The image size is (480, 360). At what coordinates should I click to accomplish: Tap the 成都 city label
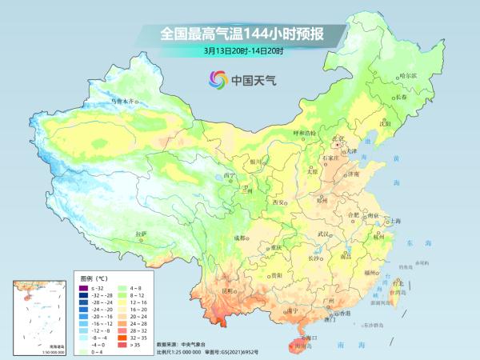click(239, 238)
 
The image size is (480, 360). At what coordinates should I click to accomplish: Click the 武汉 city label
click(324, 233)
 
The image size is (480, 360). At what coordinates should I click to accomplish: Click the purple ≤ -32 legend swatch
click(82, 287)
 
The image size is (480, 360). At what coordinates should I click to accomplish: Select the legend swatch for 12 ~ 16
click(128, 302)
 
